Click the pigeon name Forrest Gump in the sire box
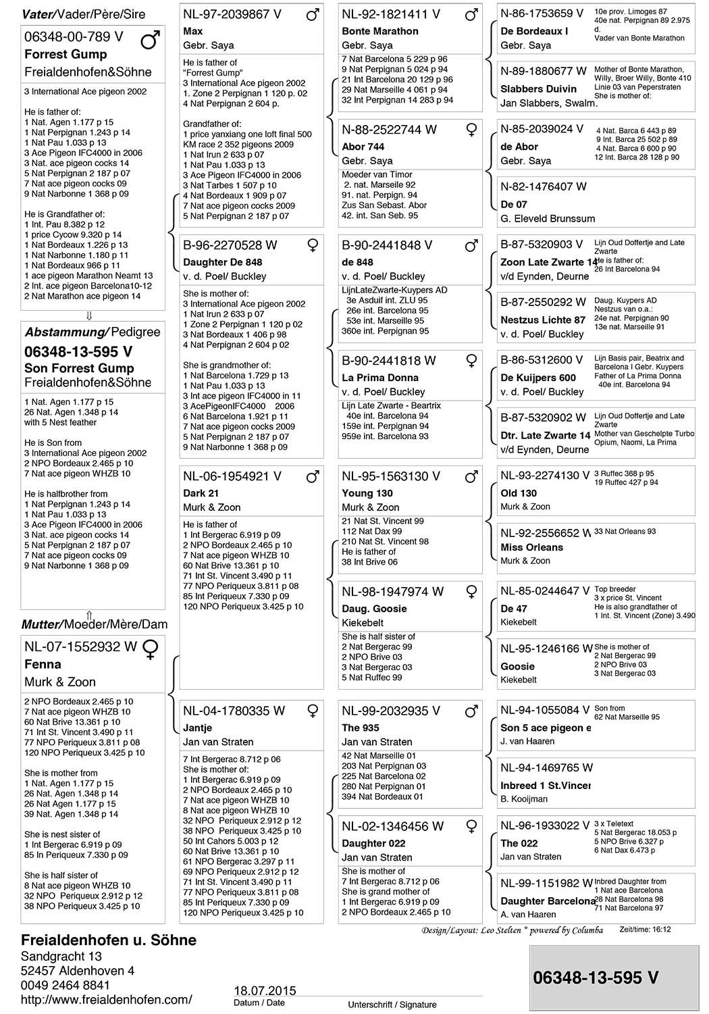pyautogui.click(x=65, y=54)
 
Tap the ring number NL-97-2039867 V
pyautogui.click(x=232, y=14)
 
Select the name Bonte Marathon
pyautogui.click(x=380, y=31)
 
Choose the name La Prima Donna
pyautogui.click(x=380, y=378)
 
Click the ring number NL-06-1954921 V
pyautogui.click(x=232, y=476)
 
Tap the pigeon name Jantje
pyautogui.click(x=198, y=728)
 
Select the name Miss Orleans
pyautogui.click(x=531, y=547)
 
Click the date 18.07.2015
pyautogui.click(x=265, y=990)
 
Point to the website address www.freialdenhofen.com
pyautogui.click(x=106, y=999)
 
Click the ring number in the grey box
pyautogui.click(x=596, y=978)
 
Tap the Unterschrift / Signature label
pyautogui.click(x=392, y=1005)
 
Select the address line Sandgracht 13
pyautogui.click(x=61, y=956)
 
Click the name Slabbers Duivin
pyautogui.click(x=538, y=88)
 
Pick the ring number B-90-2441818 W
pyautogui.click(x=389, y=361)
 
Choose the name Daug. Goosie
pyautogui.click(x=374, y=609)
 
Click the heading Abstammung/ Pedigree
pyautogui.click(x=93, y=332)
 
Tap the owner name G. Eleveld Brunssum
pyautogui.click(x=548, y=218)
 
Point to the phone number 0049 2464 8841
pyautogui.click(x=65, y=985)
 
